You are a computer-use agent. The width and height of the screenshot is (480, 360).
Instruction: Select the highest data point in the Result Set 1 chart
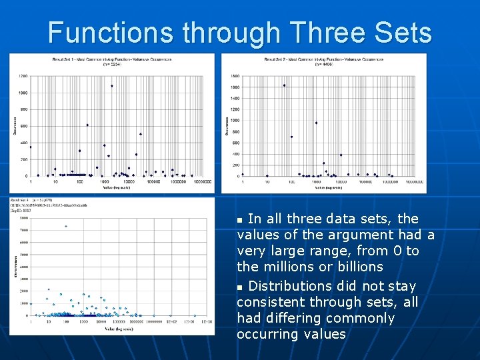coord(112,86)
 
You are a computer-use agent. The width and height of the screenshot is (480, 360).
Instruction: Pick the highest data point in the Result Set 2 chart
coord(284,85)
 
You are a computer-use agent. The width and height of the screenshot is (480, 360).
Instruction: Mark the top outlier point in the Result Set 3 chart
coord(65,226)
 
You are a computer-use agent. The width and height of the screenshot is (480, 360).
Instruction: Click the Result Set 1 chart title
coord(111,62)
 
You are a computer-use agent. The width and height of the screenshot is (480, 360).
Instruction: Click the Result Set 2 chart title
coord(323,62)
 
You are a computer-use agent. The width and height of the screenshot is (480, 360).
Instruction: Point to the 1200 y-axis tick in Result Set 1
coord(23,76)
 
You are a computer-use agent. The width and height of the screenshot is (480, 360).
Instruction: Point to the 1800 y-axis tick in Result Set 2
coord(235,75)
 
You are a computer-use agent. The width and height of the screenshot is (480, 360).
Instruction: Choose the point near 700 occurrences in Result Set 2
coord(291,137)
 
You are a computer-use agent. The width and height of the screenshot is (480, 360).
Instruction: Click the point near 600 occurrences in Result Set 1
coord(87,125)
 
